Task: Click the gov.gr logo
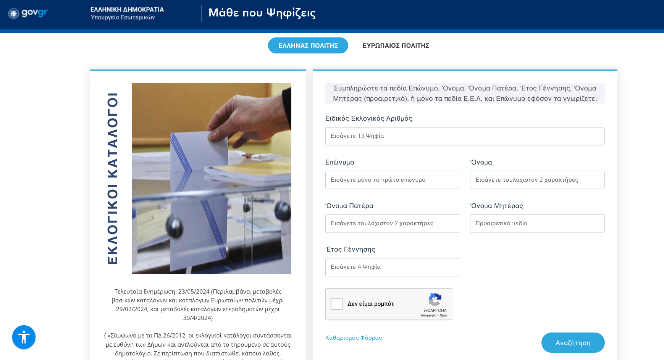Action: point(28,13)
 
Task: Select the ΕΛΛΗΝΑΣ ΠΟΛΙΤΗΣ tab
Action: point(308,45)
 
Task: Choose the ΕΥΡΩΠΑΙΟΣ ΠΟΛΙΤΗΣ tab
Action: point(396,45)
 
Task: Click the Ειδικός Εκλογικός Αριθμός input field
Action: point(465,136)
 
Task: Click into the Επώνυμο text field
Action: point(393,180)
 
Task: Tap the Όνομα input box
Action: point(537,180)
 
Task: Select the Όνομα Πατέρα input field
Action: point(393,223)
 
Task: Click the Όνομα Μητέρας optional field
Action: point(537,223)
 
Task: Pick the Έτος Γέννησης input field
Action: point(393,267)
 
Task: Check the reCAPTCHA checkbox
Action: point(336,303)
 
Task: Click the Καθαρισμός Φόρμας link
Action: point(354,338)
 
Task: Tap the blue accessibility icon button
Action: point(24,337)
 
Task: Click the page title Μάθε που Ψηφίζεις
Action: point(262,13)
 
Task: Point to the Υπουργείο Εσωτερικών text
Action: point(123,17)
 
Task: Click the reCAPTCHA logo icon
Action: point(435,300)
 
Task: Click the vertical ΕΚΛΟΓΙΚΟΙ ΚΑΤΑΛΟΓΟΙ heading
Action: point(113,178)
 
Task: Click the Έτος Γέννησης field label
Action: point(350,249)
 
